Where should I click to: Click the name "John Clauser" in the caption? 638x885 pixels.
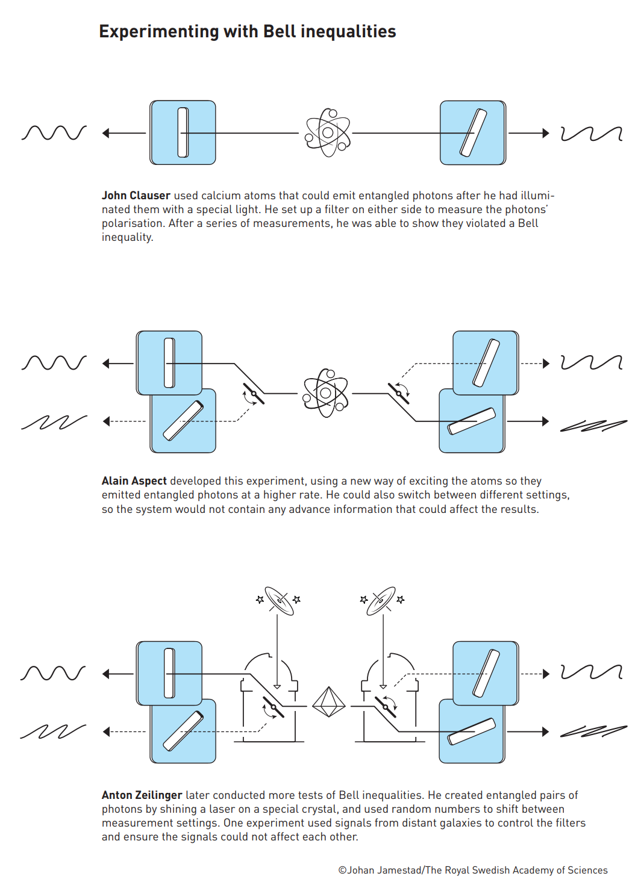point(136,196)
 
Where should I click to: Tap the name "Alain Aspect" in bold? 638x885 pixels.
point(134,481)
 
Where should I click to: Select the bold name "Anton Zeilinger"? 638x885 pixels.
point(142,795)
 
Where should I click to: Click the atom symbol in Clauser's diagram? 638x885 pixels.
point(327,132)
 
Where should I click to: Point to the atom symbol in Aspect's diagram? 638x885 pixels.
point(326,393)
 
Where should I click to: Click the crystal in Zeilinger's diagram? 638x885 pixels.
point(328,702)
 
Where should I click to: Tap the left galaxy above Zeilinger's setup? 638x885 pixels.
point(279,600)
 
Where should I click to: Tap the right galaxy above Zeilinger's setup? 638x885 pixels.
point(381,600)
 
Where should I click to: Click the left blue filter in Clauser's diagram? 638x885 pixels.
point(183,132)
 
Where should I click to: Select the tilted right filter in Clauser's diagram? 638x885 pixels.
point(473,132)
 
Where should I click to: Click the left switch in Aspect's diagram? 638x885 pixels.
point(254,394)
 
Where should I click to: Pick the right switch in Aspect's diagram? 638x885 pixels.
point(399,393)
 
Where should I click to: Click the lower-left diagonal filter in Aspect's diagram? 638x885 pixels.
point(183,421)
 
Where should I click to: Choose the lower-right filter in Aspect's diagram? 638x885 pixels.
point(472,421)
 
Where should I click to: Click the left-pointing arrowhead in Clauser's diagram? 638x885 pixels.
point(106,133)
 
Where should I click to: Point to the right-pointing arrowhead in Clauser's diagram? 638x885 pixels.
point(545,133)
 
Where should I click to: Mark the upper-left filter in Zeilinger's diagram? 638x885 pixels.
point(169,673)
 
